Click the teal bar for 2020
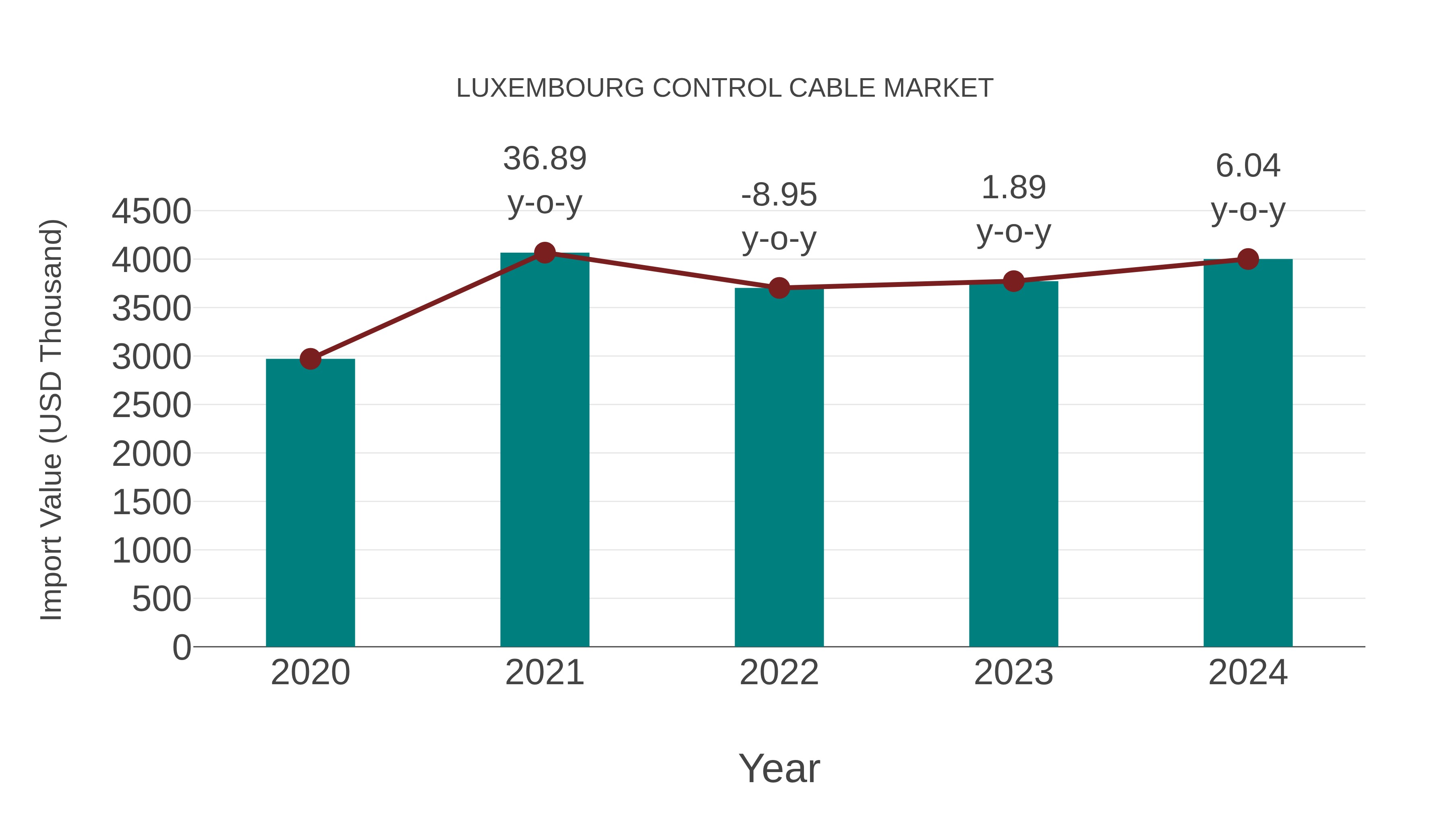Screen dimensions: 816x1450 point(310,502)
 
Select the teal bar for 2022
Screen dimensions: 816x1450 point(779,467)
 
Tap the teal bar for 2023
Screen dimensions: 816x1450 point(1013,463)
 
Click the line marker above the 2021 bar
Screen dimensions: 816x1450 point(544,253)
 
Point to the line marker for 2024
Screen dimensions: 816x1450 point(1248,259)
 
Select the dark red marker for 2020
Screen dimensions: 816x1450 point(310,359)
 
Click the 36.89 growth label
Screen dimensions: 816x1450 point(544,158)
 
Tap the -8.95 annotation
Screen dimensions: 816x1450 point(779,195)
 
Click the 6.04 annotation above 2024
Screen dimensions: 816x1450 point(1248,166)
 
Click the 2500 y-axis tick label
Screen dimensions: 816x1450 point(151,405)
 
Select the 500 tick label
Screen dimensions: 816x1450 point(162,599)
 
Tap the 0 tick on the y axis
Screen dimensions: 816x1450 point(181,647)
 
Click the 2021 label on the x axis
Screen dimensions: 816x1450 point(544,673)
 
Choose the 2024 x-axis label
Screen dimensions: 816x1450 point(1248,673)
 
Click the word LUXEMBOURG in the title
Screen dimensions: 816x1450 point(550,88)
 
